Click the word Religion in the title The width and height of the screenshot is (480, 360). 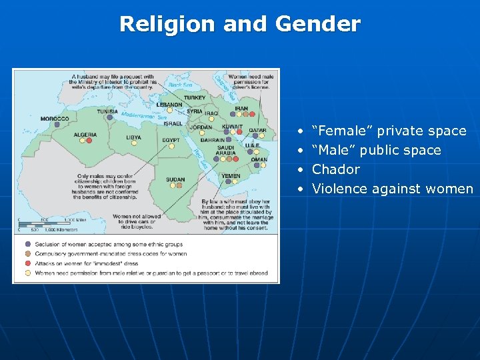click(168, 25)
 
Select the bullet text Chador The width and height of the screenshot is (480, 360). click(336, 169)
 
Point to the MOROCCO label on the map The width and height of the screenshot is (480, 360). click(55, 119)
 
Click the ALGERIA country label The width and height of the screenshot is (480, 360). click(85, 134)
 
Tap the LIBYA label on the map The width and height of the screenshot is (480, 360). click(133, 137)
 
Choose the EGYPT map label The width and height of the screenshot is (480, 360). click(171, 140)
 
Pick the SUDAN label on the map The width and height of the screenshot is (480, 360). click(175, 179)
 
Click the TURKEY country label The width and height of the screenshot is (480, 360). click(195, 97)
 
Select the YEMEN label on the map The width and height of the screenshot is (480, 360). click(231, 176)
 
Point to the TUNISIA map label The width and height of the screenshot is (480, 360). click(107, 111)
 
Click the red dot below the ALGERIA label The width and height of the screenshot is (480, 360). click(89, 141)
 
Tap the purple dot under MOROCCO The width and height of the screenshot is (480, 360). click(57, 125)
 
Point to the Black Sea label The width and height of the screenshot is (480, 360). click(178, 86)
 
